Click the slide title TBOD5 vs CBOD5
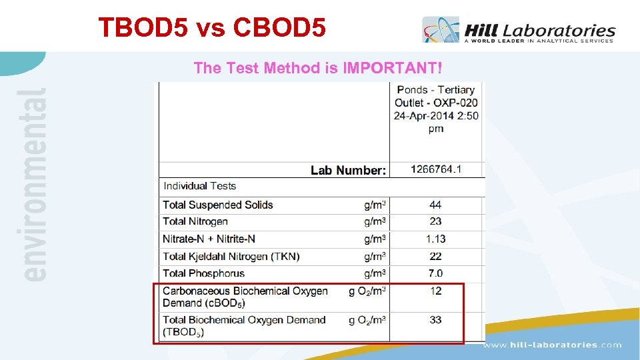tap(212, 27)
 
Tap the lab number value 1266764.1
tap(436, 169)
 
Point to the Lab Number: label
tap(348, 171)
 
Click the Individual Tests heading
tap(200, 186)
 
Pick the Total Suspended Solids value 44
tap(435, 205)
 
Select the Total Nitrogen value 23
tap(435, 221)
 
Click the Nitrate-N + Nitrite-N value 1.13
tap(435, 239)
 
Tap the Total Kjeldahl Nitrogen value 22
tap(435, 256)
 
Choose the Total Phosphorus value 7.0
tap(435, 273)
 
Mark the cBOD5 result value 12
tap(435, 291)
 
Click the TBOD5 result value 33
tap(435, 320)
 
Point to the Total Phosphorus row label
tap(203, 273)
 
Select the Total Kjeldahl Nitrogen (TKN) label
tap(231, 256)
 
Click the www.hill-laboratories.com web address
tap(552, 345)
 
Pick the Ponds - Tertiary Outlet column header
tap(436, 109)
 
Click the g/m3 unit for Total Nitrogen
tap(375, 221)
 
